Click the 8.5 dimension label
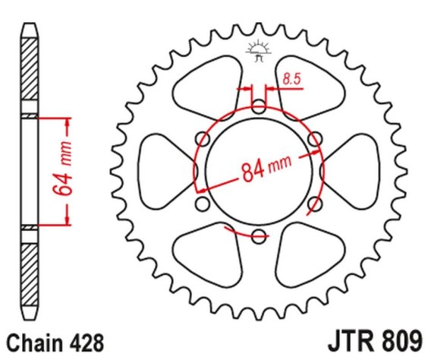pyautogui.click(x=292, y=79)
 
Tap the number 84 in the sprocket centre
pyautogui.click(x=253, y=172)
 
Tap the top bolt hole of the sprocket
pyautogui.click(x=259, y=107)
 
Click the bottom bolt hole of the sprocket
pyautogui.click(x=259, y=236)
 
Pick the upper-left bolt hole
pyautogui.click(x=203, y=139)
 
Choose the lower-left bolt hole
pyautogui.click(x=203, y=204)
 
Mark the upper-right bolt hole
pyautogui.click(x=315, y=139)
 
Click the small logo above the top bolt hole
pyautogui.click(x=259, y=51)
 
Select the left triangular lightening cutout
pyautogui.click(x=168, y=172)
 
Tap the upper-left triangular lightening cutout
pyautogui.click(x=209, y=87)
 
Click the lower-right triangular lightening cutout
pyautogui.click(x=310, y=256)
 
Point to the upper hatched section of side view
pyautogui.click(x=30, y=69)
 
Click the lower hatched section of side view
pyautogui.click(x=30, y=275)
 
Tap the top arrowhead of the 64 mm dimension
pyautogui.click(x=68, y=123)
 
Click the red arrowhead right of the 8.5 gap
pyautogui.click(x=271, y=89)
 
